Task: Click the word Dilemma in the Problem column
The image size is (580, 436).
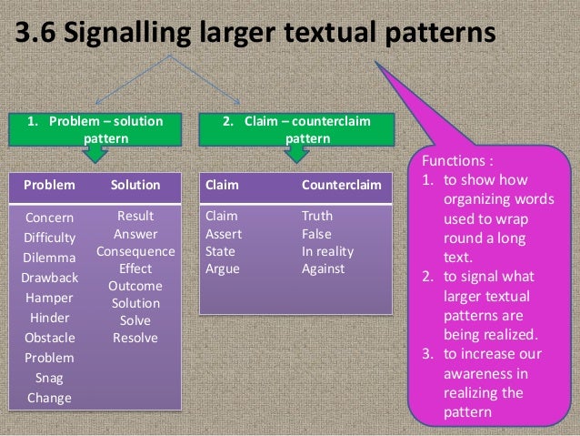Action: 50,258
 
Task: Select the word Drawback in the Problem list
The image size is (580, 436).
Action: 50,278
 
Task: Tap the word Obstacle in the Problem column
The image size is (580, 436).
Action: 50,338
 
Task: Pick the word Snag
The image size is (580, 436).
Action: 50,378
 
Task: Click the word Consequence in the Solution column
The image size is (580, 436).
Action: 135,251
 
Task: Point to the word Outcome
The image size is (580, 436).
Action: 135,286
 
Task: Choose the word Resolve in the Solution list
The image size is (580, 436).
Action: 135,338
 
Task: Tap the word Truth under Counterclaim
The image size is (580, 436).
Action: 317,217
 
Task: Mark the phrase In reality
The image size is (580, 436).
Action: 328,251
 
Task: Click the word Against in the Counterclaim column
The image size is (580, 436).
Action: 324,269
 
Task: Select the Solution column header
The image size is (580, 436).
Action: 135,184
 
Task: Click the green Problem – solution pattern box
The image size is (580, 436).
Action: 94,129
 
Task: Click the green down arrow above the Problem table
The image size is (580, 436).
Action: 94,157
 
